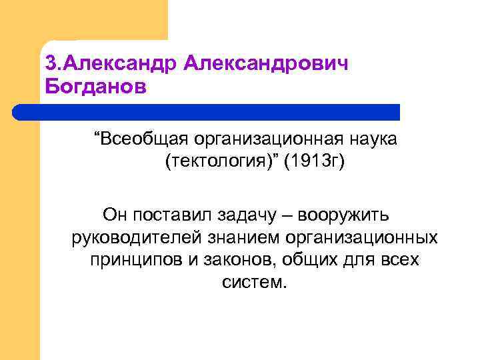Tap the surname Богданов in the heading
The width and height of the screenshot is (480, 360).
94,87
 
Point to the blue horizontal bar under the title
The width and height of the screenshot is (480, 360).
207,112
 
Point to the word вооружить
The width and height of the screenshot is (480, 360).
347,215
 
